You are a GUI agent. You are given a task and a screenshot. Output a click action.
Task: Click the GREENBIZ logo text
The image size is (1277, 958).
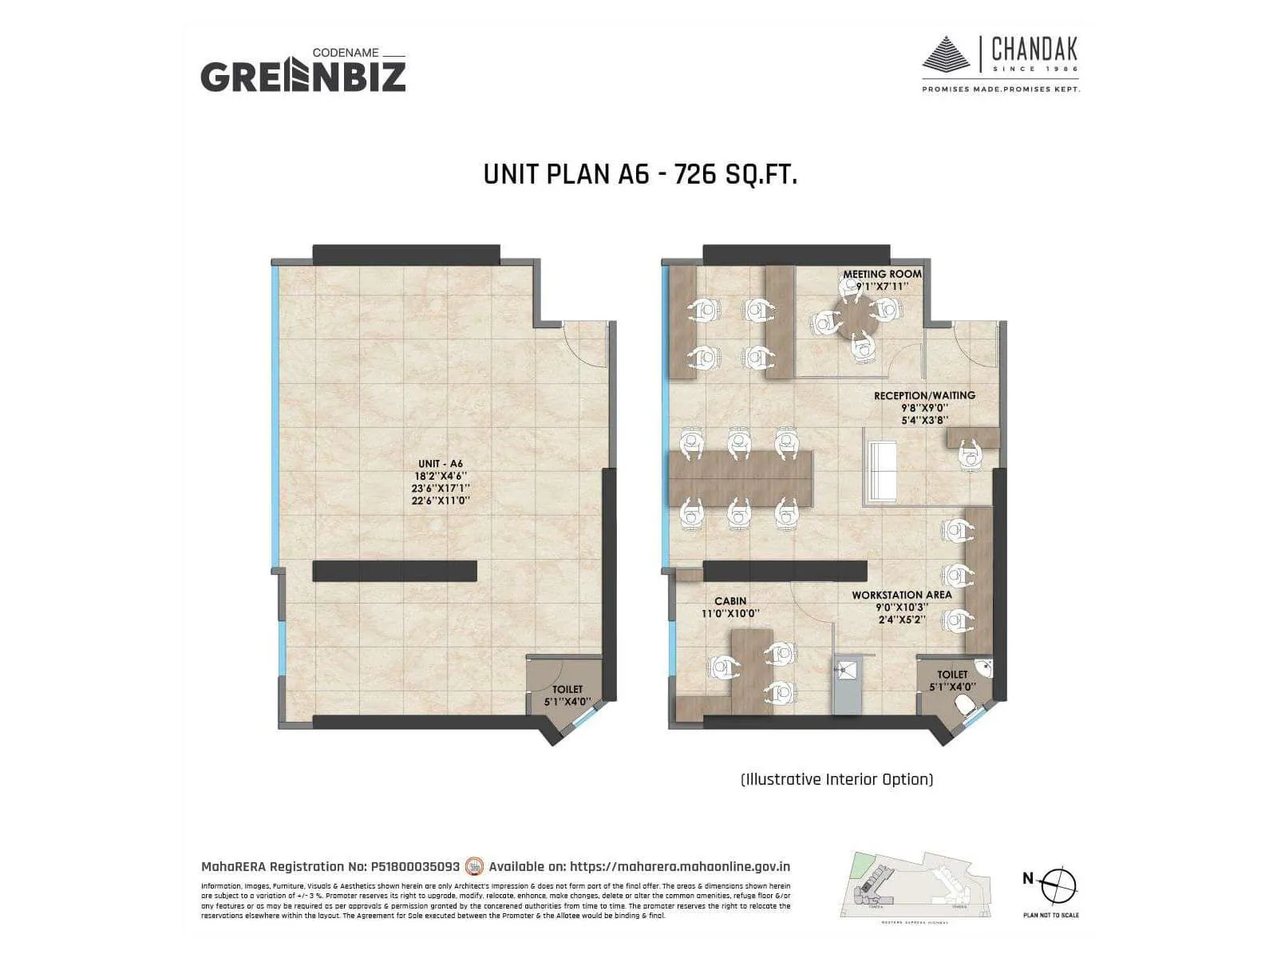tap(302, 77)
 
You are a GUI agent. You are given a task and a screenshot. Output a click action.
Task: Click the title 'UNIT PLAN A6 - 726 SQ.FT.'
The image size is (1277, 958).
tap(640, 174)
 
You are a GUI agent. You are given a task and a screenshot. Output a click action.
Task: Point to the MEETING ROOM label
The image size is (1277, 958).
tap(882, 274)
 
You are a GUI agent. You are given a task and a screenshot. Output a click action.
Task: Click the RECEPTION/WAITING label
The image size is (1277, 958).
tap(924, 395)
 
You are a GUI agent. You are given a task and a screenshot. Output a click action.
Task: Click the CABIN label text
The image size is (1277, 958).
tap(730, 601)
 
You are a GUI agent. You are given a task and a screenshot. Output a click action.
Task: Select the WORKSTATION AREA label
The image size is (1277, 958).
tap(901, 595)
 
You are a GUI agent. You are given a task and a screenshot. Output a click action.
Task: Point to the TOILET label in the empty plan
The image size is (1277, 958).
tap(567, 689)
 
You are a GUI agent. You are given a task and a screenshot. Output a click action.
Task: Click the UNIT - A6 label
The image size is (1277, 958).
tap(440, 464)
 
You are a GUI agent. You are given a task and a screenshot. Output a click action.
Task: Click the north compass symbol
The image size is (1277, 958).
tap(1058, 885)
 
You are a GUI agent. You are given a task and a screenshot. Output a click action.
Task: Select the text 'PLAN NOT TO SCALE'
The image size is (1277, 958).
tap(1050, 915)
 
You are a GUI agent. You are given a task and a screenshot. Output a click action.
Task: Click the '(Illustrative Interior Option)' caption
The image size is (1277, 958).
tap(836, 779)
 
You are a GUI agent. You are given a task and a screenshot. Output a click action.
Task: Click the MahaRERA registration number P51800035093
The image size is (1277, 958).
tap(415, 866)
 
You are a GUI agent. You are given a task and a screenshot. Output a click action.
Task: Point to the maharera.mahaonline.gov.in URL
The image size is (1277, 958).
tap(680, 866)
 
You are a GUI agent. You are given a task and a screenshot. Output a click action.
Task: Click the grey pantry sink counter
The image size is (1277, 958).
tap(847, 685)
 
